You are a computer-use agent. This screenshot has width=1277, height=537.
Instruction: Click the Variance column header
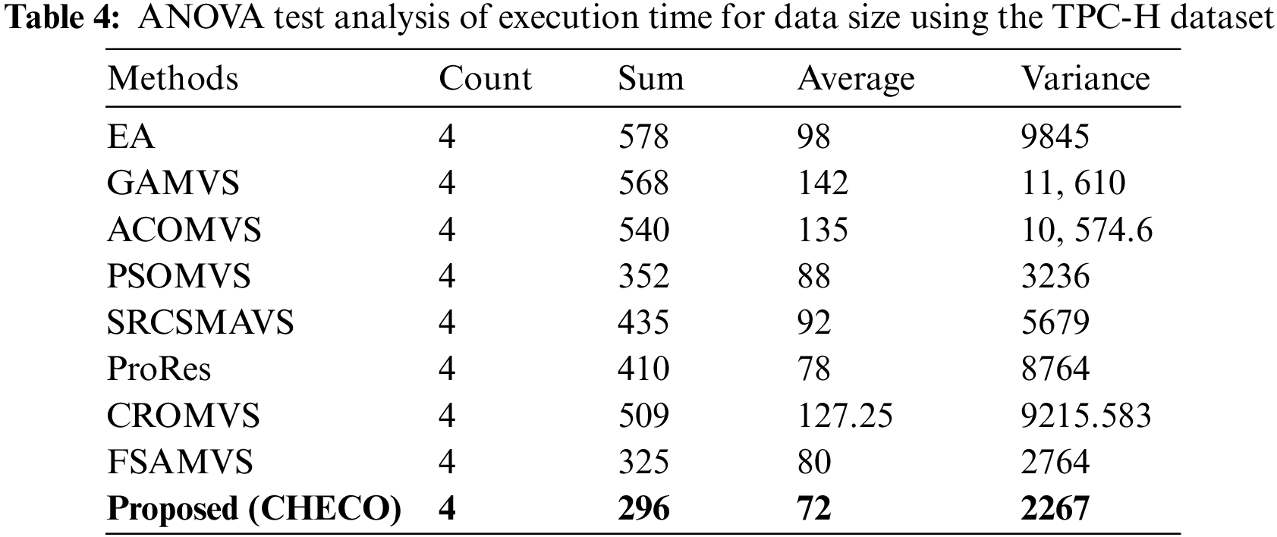tap(1085, 79)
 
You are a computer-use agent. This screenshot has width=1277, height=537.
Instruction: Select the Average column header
tap(855, 79)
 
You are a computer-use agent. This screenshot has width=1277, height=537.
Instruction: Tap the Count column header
tap(485, 79)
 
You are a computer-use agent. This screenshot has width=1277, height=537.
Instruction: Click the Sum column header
tap(650, 79)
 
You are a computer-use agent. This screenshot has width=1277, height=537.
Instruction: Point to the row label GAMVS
tap(173, 184)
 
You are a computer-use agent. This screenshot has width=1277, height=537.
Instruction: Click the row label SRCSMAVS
tap(200, 323)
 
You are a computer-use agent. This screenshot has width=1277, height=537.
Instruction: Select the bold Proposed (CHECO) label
tap(254, 509)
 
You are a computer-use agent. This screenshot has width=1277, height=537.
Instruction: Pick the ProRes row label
tap(159, 369)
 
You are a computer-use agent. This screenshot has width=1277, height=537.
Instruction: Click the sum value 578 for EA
tap(643, 137)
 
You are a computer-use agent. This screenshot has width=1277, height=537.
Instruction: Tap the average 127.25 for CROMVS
tap(845, 416)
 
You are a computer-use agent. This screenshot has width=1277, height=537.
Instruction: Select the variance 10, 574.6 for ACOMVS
tap(1087, 230)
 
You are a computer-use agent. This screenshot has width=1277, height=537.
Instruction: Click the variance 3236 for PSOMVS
tap(1055, 276)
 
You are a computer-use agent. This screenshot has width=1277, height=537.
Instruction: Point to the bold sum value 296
tap(644, 509)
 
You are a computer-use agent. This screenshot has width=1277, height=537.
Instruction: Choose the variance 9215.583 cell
tap(1086, 416)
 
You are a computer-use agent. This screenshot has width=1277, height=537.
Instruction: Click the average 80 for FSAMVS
tap(813, 462)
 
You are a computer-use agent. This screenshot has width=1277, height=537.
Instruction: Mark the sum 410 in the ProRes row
tap(643, 369)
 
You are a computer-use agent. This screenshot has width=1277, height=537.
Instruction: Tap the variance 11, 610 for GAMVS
tap(1073, 184)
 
